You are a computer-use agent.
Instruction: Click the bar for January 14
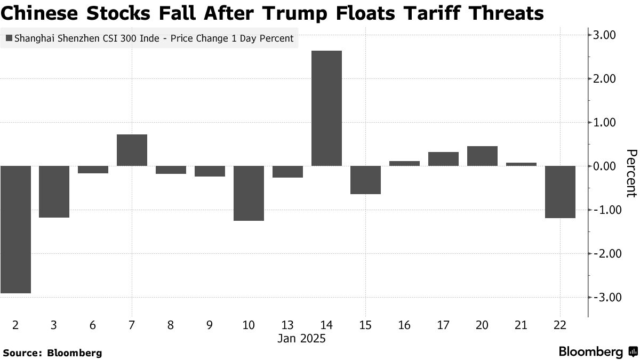[x=326, y=108]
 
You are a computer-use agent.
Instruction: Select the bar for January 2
[x=15, y=229]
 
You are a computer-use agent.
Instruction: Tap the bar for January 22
[x=560, y=192]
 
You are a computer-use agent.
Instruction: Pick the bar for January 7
[x=132, y=150]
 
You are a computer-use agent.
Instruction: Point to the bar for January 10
[x=249, y=193]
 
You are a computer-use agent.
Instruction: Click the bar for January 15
[x=365, y=180]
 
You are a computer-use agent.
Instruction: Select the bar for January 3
[x=54, y=191]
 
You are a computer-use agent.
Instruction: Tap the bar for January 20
[x=482, y=156]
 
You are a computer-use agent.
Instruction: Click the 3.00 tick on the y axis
[x=605, y=35]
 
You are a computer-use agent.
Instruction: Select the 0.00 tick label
[x=605, y=166]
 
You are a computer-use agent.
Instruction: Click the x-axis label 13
[x=287, y=325]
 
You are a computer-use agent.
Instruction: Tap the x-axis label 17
[x=443, y=325]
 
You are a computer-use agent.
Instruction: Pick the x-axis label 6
[x=93, y=325]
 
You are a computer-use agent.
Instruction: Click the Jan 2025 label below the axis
[x=301, y=339]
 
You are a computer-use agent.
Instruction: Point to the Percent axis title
[x=631, y=173]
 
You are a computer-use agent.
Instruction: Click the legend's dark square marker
[x=9, y=38]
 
